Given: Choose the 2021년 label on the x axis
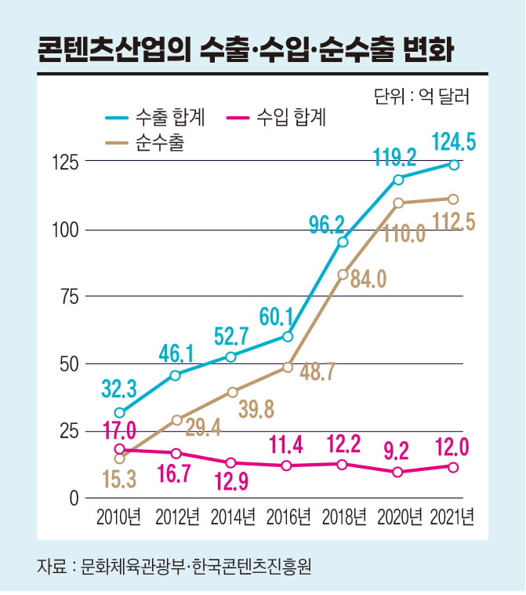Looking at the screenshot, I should click(x=452, y=517).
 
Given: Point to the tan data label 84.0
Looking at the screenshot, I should click(x=368, y=279).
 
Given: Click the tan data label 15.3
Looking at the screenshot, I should click(x=119, y=478).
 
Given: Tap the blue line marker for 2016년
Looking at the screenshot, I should click(x=288, y=337).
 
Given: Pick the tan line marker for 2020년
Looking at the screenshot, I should click(x=399, y=203).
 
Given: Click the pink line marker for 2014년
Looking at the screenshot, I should click(x=231, y=463).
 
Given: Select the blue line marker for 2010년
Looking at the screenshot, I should click(x=119, y=413).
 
